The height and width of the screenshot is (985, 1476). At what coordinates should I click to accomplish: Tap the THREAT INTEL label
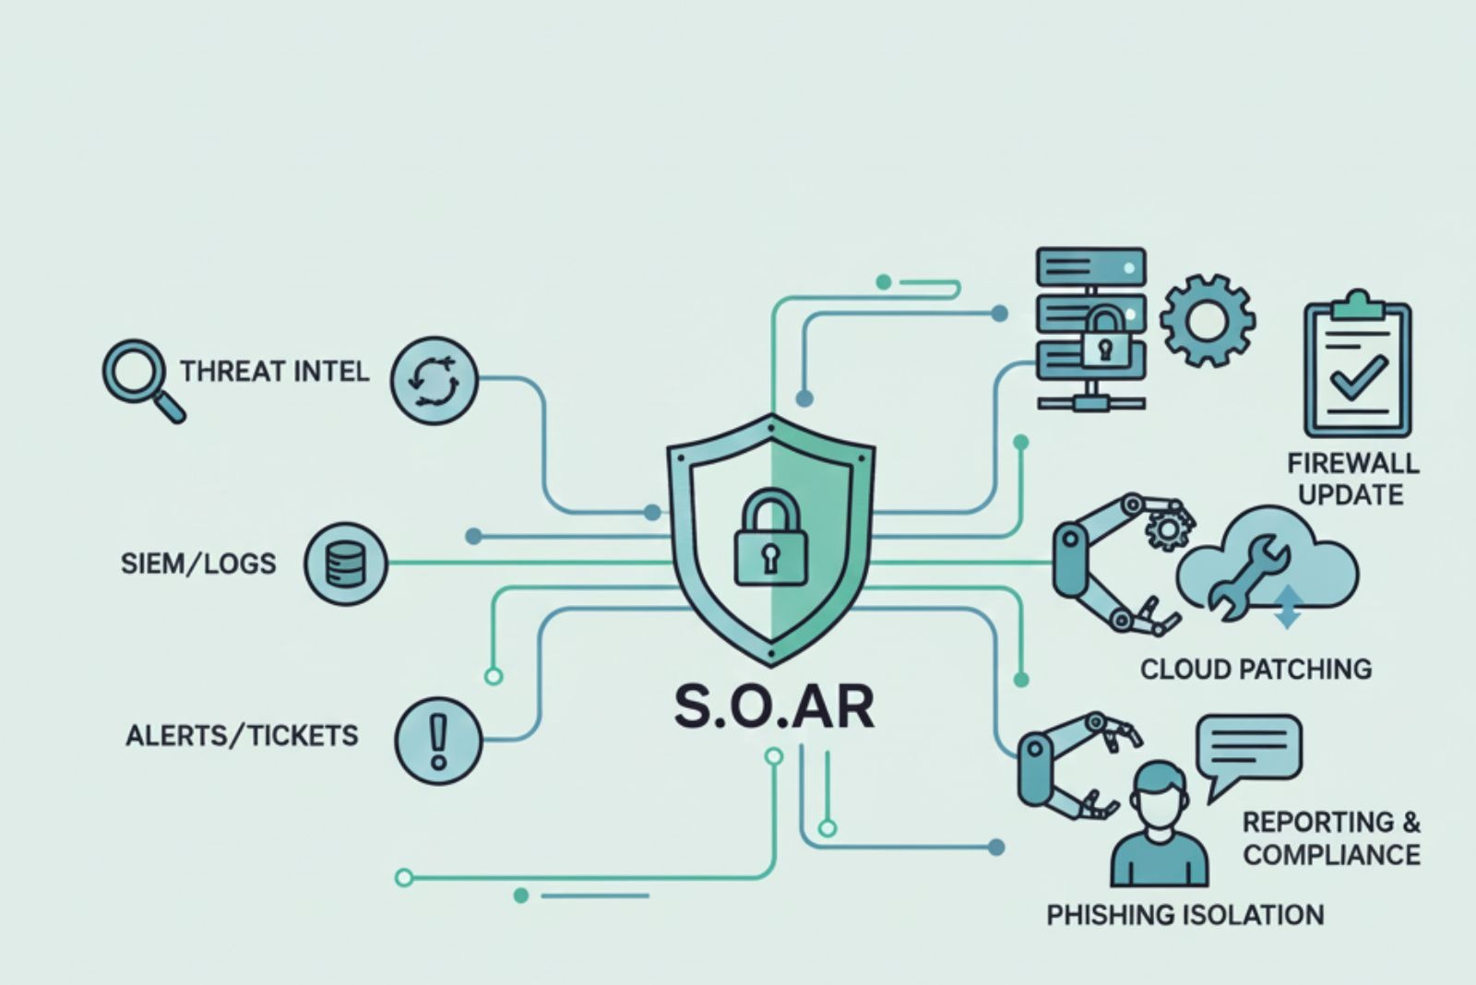[274, 372]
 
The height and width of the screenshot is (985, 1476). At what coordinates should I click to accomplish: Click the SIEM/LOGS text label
[198, 564]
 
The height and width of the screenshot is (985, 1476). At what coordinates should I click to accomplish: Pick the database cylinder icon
[346, 564]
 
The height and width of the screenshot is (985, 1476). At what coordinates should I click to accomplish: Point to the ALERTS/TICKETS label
[242, 736]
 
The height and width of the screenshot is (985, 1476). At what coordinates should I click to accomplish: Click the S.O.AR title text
[773, 708]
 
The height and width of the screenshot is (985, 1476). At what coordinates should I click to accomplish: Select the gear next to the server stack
[1207, 320]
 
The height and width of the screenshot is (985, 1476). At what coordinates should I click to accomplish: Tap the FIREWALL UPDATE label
[1352, 479]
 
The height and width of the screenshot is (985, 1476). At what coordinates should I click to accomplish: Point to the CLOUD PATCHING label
[1256, 669]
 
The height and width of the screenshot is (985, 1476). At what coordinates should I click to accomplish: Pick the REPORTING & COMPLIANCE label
[1331, 838]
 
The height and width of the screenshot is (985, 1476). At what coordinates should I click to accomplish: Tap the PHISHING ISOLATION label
[1185, 915]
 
